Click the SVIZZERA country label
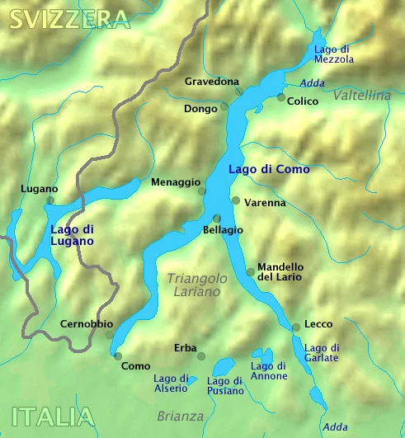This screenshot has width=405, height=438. click(70, 19)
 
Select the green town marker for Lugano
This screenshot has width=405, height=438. click(50, 200)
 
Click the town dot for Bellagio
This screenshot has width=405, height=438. click(216, 218)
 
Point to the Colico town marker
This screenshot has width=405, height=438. click(281, 97)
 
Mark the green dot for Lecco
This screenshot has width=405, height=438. click(296, 327)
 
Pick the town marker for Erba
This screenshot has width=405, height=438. click(201, 356)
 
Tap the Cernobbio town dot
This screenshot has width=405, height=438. click(109, 335)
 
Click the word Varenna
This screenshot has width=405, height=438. click(265, 202)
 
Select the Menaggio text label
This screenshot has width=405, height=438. click(175, 182)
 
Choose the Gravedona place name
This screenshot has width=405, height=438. click(212, 82)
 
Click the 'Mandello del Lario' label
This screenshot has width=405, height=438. click(280, 272)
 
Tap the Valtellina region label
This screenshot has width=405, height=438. click(362, 96)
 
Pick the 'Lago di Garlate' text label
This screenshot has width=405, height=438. click(322, 353)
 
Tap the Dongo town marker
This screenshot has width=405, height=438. click(224, 107)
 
